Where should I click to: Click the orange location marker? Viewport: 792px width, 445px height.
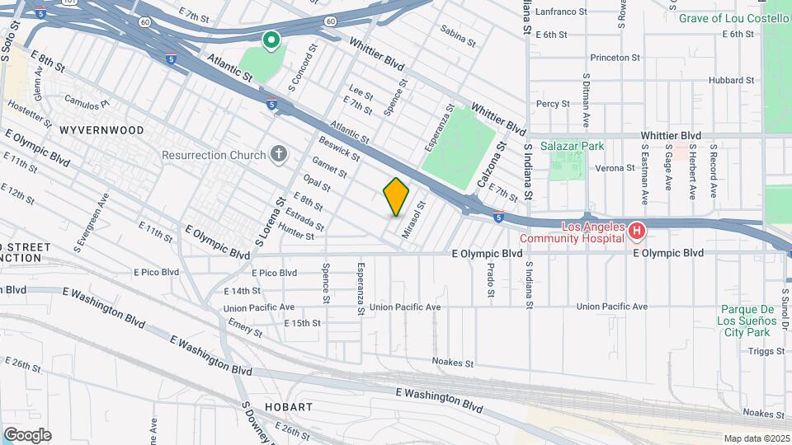pyautogui.click(x=397, y=197)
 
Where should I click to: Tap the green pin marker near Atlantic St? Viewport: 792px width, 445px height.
pyautogui.click(x=271, y=40)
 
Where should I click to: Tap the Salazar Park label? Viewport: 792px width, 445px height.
pyautogui.click(x=573, y=146)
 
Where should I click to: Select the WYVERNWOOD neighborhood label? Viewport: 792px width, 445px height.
pyautogui.click(x=101, y=130)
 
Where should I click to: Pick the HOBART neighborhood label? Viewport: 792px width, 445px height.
pyautogui.click(x=289, y=407)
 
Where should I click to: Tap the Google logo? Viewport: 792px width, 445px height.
pyautogui.click(x=27, y=435)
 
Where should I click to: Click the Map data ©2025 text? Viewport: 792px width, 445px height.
pyautogui.click(x=756, y=438)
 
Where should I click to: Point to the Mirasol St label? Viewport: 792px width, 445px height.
pyautogui.click(x=413, y=221)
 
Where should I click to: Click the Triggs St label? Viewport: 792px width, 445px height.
pyautogui.click(x=760, y=350)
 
